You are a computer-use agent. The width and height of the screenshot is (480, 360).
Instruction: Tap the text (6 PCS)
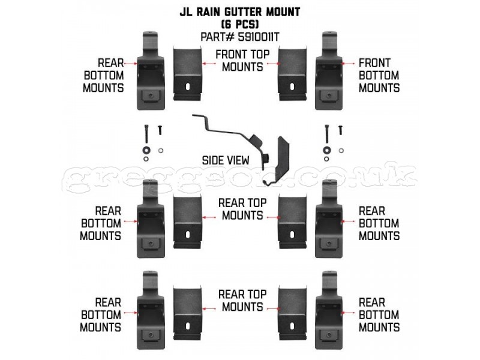pyautogui.click(x=239, y=24)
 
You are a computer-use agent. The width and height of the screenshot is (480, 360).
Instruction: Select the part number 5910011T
pyautogui.click(x=259, y=37)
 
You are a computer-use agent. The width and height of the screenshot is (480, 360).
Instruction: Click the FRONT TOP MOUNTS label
pyautogui.click(x=242, y=61)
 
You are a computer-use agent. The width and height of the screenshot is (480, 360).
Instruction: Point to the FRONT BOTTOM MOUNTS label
pyautogui.click(x=379, y=76)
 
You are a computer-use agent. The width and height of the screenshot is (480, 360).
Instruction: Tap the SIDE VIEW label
pyautogui.click(x=226, y=160)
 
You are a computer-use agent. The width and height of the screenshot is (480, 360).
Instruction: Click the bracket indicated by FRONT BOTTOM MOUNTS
pyautogui.click(x=329, y=70)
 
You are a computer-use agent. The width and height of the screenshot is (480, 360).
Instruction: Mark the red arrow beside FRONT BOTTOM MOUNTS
pyautogui.click(x=349, y=64)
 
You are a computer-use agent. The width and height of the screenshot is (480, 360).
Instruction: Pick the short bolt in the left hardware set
pyautogui.click(x=160, y=130)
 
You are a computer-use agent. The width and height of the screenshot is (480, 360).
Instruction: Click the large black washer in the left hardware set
pyautogui.click(x=146, y=151)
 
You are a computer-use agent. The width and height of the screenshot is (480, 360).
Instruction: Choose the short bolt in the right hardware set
pyautogui.click(x=340, y=130)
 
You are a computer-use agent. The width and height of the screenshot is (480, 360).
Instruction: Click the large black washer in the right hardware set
pyautogui.click(x=326, y=151)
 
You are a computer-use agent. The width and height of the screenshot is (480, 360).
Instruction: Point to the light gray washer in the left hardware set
pyautogui.click(x=160, y=151)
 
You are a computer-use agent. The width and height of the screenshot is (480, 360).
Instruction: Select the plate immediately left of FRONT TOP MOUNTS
pyautogui.click(x=188, y=73)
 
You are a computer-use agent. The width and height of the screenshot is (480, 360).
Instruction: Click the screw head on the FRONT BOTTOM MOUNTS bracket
pyautogui.click(x=329, y=96)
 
